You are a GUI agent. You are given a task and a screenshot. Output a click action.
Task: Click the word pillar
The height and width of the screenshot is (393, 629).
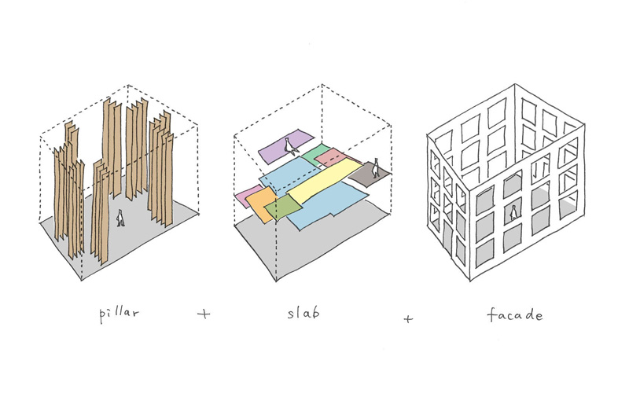[120, 314]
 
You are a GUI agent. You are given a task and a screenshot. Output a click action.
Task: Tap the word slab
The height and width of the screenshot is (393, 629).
[303, 311]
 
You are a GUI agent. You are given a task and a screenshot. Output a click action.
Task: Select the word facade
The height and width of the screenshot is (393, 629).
[515, 314]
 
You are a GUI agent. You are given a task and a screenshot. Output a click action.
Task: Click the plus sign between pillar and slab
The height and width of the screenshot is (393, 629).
[204, 313]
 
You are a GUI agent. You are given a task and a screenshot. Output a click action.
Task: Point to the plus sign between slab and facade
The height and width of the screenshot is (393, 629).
[408, 319]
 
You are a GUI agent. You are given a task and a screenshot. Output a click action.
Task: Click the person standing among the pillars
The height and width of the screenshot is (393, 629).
[120, 218]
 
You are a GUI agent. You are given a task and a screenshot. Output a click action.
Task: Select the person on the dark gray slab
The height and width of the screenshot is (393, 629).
[376, 167]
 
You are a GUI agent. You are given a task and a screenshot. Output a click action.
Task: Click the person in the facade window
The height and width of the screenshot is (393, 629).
[513, 212]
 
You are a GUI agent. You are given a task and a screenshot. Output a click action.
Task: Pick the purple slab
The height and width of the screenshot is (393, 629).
[285, 146]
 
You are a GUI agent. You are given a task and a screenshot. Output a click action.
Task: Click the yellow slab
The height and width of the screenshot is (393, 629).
[324, 181]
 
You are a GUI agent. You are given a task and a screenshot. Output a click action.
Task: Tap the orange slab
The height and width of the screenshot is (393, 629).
[261, 204]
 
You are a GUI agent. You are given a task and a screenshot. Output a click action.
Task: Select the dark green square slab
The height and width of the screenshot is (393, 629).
[283, 208]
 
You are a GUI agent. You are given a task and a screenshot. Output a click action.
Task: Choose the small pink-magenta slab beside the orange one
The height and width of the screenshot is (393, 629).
[248, 196]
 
